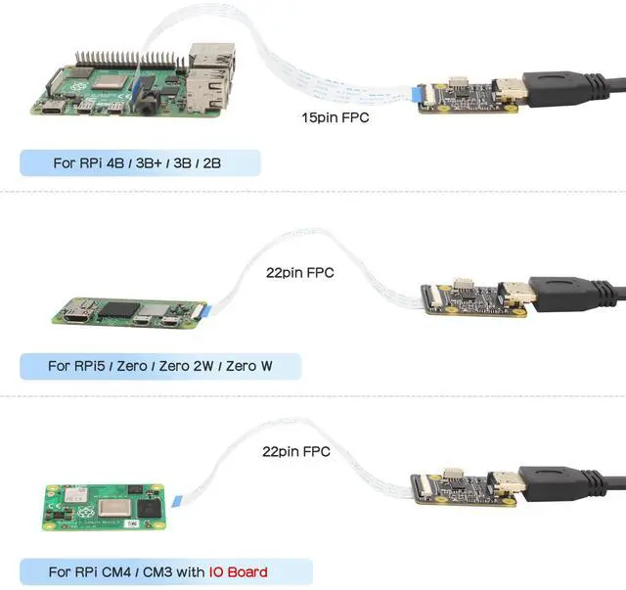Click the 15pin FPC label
[x=336, y=117]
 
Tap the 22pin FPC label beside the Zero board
[x=299, y=273]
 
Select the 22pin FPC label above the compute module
[x=296, y=452]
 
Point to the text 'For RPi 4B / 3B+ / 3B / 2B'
[x=137, y=162]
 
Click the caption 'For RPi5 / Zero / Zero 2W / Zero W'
[x=160, y=367]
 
